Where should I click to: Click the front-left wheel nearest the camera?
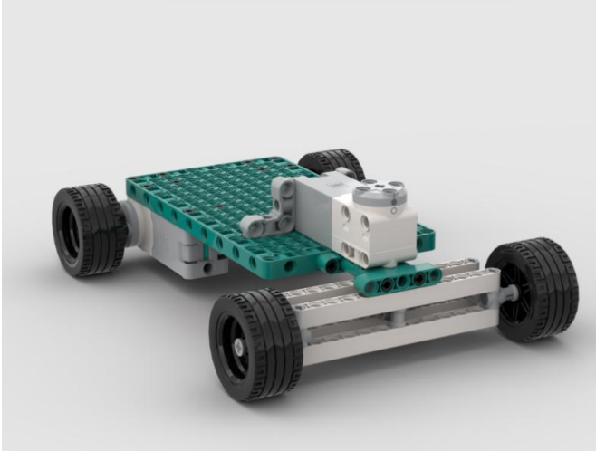pyautogui.click(x=256, y=345)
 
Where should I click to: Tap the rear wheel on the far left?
pyautogui.click(x=88, y=229)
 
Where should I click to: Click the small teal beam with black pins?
pyautogui.click(x=399, y=281)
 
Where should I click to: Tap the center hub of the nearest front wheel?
pyautogui.click(x=238, y=345)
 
